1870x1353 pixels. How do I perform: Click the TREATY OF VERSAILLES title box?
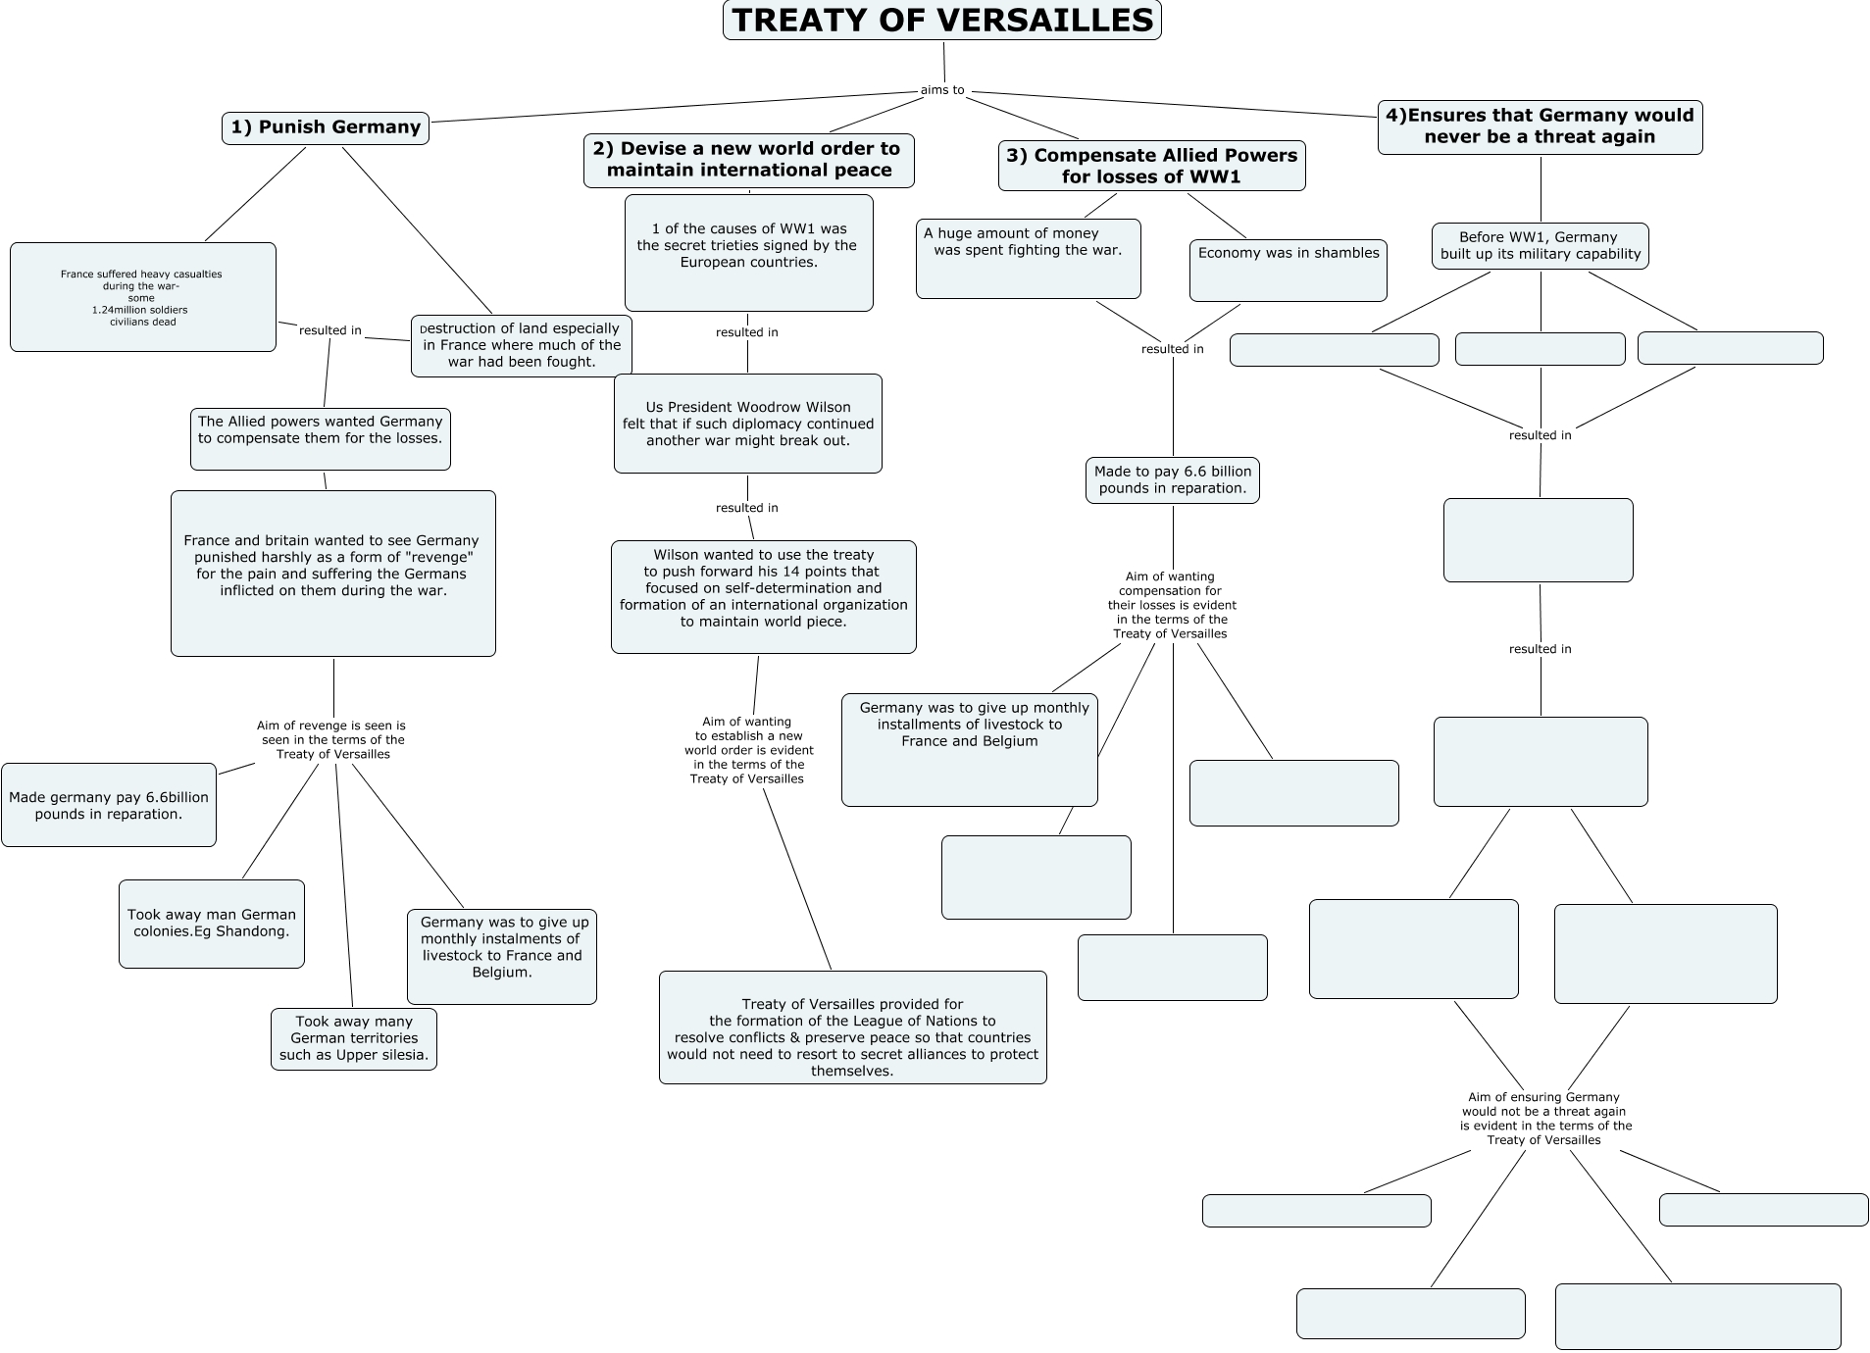pyautogui.click(x=941, y=21)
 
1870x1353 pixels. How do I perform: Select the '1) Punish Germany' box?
pyautogui.click(x=326, y=127)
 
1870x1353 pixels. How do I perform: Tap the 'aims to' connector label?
pyautogui.click(x=942, y=90)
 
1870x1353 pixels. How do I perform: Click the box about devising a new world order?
pyautogui.click(x=748, y=160)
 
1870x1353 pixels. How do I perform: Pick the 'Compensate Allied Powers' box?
pyautogui.click(x=1151, y=166)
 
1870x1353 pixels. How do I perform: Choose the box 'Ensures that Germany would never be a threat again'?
pyautogui.click(x=1540, y=126)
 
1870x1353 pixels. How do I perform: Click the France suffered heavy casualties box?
pyautogui.click(x=142, y=297)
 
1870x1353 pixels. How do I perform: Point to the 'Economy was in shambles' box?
pyautogui.click(x=1288, y=270)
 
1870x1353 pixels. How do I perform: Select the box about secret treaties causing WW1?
pyautogui.click(x=748, y=252)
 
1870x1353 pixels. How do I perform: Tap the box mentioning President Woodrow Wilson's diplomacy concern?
pyautogui.click(x=747, y=424)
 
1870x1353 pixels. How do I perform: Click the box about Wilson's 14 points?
pyautogui.click(x=763, y=596)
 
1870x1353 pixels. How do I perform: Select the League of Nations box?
pyautogui.click(x=852, y=1027)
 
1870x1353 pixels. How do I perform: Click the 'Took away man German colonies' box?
pyautogui.click(x=212, y=924)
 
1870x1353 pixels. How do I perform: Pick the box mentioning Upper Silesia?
pyautogui.click(x=354, y=1039)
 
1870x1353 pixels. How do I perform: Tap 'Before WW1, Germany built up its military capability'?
pyautogui.click(x=1540, y=246)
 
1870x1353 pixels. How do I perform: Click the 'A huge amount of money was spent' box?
pyautogui.click(x=1028, y=258)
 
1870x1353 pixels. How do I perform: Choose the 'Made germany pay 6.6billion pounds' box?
pyautogui.click(x=109, y=805)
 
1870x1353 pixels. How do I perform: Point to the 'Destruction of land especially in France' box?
pyautogui.click(x=522, y=345)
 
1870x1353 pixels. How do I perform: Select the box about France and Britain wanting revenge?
pyautogui.click(x=332, y=573)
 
